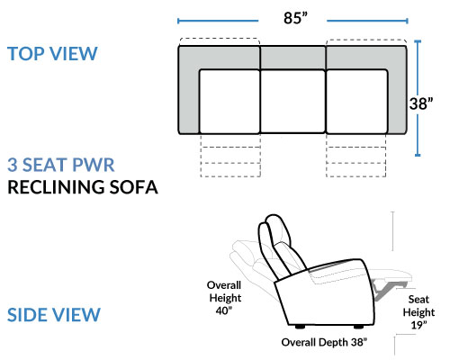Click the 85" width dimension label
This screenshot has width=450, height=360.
click(295, 18)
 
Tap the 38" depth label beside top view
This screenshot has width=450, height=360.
click(421, 103)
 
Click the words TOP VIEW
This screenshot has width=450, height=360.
click(52, 54)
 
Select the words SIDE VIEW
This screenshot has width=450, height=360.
click(54, 315)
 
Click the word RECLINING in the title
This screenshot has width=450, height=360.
click(56, 187)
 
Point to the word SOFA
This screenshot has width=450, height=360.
click(133, 187)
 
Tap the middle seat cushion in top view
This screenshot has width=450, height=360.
click(292, 101)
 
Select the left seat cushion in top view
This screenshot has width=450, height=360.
click(229, 102)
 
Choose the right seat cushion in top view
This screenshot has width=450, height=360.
click(356, 102)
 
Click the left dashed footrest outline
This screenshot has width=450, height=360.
click(230, 155)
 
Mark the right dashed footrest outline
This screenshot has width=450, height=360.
click(356, 155)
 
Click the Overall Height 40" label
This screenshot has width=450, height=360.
click(224, 298)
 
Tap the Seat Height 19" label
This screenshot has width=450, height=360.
click(418, 312)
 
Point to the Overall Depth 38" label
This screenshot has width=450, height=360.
click(324, 342)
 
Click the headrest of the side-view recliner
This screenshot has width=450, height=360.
click(274, 231)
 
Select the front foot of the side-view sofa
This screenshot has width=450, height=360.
click(358, 327)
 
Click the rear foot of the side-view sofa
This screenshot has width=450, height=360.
click(300, 327)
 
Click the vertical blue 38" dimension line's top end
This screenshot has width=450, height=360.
click(418, 41)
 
